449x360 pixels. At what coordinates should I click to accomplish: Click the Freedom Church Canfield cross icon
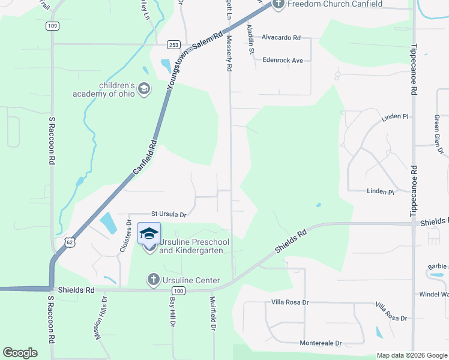278,4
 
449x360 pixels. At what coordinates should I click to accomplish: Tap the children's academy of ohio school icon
143,89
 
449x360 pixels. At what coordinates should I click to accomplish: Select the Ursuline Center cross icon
153,280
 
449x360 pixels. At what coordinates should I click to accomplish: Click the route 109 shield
52,26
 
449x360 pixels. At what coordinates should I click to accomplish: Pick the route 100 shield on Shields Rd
180,291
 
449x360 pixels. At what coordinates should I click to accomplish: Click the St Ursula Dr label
169,214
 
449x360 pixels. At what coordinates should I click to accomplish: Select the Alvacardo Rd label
281,37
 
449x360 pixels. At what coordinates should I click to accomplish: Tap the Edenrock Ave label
283,60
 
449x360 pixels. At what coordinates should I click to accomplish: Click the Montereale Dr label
321,343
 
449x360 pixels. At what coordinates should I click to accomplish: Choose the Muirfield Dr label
212,313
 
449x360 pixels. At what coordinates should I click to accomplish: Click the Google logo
20,353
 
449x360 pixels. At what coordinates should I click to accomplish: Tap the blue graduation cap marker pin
149,233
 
